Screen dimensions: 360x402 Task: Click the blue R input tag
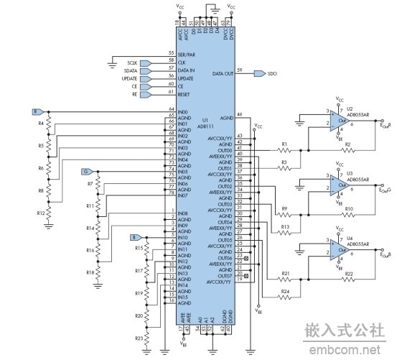pos(37,112)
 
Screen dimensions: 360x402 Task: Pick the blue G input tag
pos(87,172)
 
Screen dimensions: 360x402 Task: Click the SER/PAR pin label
pos(187,55)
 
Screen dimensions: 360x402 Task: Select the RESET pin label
pos(183,94)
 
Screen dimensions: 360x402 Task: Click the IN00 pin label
pos(184,113)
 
